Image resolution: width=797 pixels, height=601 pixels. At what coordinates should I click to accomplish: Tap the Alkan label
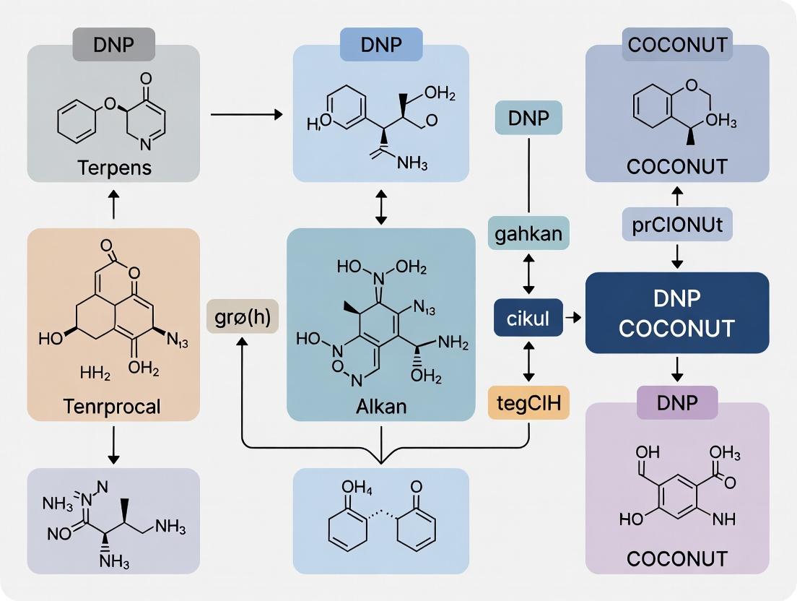(381, 405)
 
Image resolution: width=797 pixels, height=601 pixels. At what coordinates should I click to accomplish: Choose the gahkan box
(529, 234)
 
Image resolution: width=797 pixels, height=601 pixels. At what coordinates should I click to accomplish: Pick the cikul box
(528, 318)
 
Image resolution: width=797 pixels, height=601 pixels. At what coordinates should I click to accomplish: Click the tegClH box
(529, 402)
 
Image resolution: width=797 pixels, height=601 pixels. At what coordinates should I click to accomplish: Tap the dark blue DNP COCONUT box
(677, 313)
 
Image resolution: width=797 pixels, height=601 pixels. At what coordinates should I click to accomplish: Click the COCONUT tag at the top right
(677, 44)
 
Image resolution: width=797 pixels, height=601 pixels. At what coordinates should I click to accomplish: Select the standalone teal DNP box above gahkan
(529, 118)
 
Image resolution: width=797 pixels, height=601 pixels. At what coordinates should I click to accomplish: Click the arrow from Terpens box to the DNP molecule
(245, 114)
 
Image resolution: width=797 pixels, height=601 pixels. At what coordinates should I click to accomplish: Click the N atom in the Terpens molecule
(145, 144)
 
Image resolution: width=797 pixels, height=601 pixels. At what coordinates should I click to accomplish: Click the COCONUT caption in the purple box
(676, 558)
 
